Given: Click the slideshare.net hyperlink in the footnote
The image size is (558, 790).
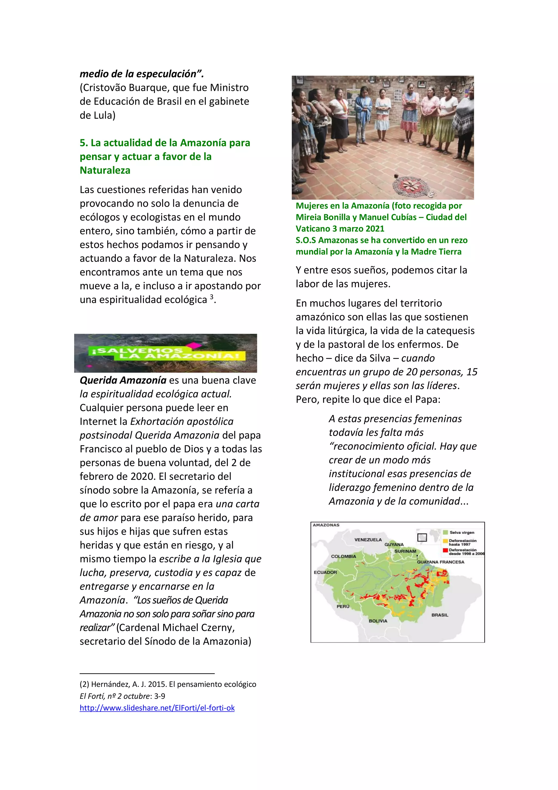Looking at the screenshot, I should pos(157,708).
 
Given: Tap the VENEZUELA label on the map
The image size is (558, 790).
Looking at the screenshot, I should pos(368,539).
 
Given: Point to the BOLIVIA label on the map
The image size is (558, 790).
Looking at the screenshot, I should pos(378,621).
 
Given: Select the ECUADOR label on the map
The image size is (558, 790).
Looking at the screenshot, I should pos(325,572).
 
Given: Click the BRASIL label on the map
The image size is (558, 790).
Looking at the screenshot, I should pos(440,615).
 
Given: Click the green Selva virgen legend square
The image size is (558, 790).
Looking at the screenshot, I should pos(445,532).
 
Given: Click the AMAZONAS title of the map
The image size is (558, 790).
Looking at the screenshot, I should pos(326,525).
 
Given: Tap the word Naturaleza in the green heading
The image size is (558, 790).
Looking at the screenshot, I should pos(105,170).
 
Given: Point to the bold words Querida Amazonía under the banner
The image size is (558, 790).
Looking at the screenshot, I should pos(123,380).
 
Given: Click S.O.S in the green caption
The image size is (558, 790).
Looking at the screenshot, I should pos(306,240).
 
